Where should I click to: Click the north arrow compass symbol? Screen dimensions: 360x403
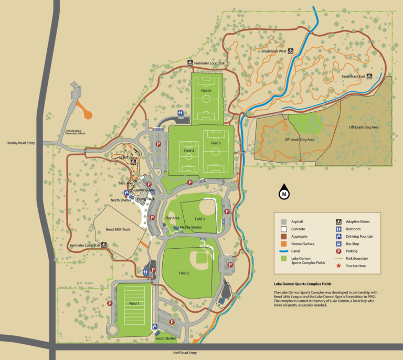click(x=284, y=192)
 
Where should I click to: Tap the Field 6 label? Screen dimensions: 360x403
click(x=206, y=91)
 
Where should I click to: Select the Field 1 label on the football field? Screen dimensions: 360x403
click(x=134, y=303)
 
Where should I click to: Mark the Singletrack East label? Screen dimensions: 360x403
click(x=353, y=76)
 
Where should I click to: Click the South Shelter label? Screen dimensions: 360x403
click(x=166, y=338)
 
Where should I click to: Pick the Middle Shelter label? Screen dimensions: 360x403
click(x=191, y=227)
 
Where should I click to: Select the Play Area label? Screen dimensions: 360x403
click(x=172, y=218)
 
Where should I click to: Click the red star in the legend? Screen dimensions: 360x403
click(x=338, y=266)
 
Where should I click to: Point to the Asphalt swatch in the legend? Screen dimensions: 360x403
click(x=283, y=221)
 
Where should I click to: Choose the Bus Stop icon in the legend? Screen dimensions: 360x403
click(x=338, y=243)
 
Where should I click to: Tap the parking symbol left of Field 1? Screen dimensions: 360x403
click(x=110, y=303)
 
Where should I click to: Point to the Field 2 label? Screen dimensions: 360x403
click(x=184, y=273)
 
